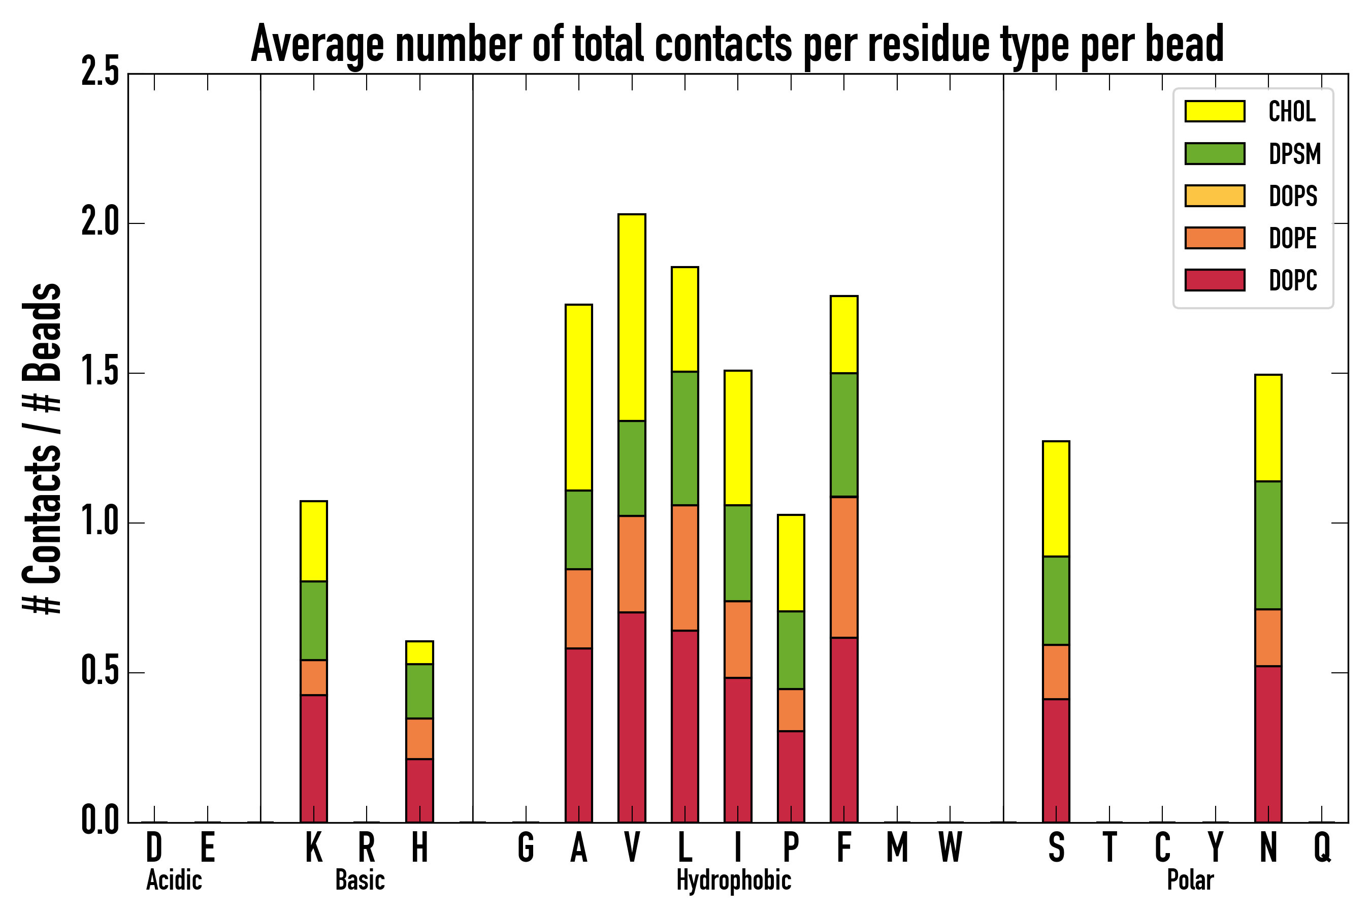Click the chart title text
[x=737, y=44]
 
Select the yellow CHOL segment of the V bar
[x=632, y=318]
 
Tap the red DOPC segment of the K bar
[x=314, y=758]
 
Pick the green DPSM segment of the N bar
[x=1268, y=545]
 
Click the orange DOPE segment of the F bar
[x=844, y=567]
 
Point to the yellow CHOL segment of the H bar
[x=420, y=653]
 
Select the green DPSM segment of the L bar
[x=685, y=438]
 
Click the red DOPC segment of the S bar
[x=1056, y=761]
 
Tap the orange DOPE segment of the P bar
[x=791, y=710]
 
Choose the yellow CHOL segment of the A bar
[x=579, y=398]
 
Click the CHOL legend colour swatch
[x=1215, y=111]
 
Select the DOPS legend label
[x=1293, y=196]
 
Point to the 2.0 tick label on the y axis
[x=100, y=223]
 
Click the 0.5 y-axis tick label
[x=100, y=672]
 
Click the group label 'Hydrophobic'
[x=733, y=880]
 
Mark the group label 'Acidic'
[x=174, y=880]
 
